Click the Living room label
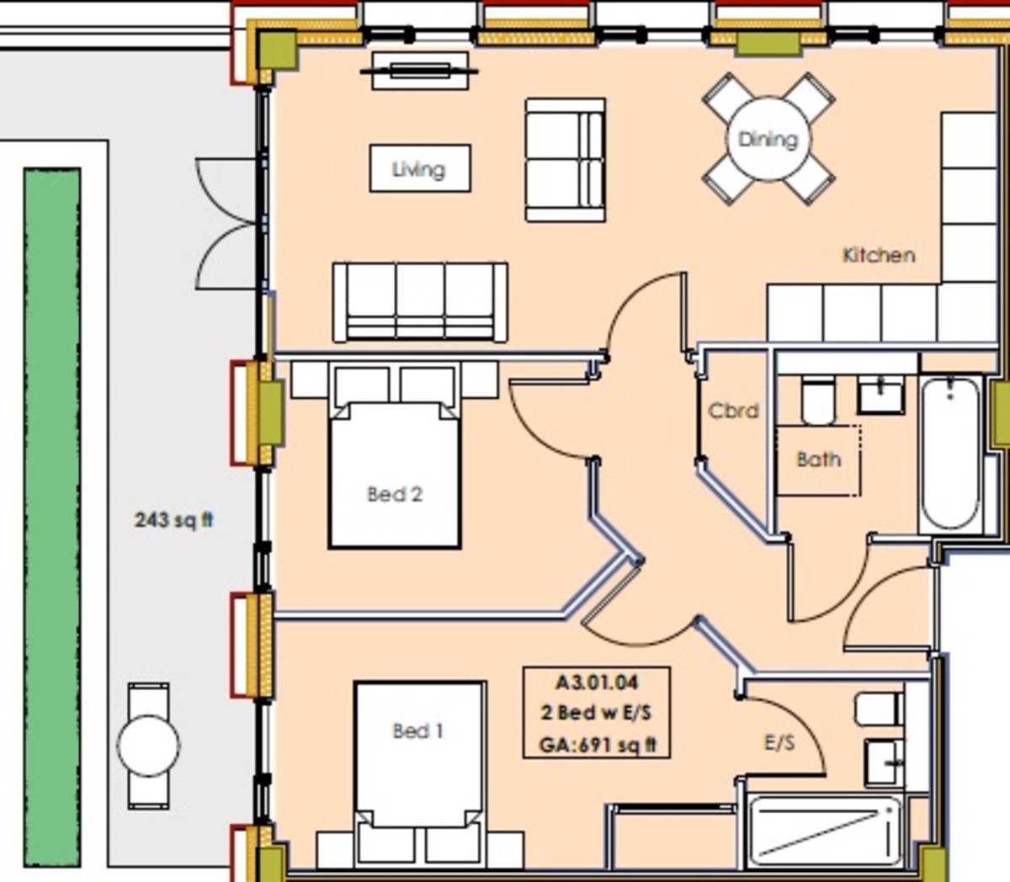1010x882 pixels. pyautogui.click(x=419, y=169)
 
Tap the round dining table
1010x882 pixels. pyautogui.click(x=768, y=139)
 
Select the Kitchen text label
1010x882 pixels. pyautogui.click(x=878, y=254)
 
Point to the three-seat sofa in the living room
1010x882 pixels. pyautogui.click(x=419, y=301)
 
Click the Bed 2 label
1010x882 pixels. pyautogui.click(x=394, y=494)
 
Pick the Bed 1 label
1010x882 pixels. pyautogui.click(x=417, y=731)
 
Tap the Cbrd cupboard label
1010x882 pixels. pyautogui.click(x=733, y=411)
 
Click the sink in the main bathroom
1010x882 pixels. pyautogui.click(x=880, y=394)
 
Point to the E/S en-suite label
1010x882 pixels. pyautogui.click(x=779, y=742)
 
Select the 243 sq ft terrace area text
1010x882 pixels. pyautogui.click(x=173, y=519)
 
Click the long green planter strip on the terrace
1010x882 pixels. pyautogui.click(x=52, y=517)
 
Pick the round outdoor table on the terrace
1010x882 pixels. pyautogui.click(x=148, y=746)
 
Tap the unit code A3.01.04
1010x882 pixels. pyautogui.click(x=596, y=683)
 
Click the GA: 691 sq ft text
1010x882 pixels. pyautogui.click(x=597, y=744)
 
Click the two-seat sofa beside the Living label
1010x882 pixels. pyautogui.click(x=565, y=160)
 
